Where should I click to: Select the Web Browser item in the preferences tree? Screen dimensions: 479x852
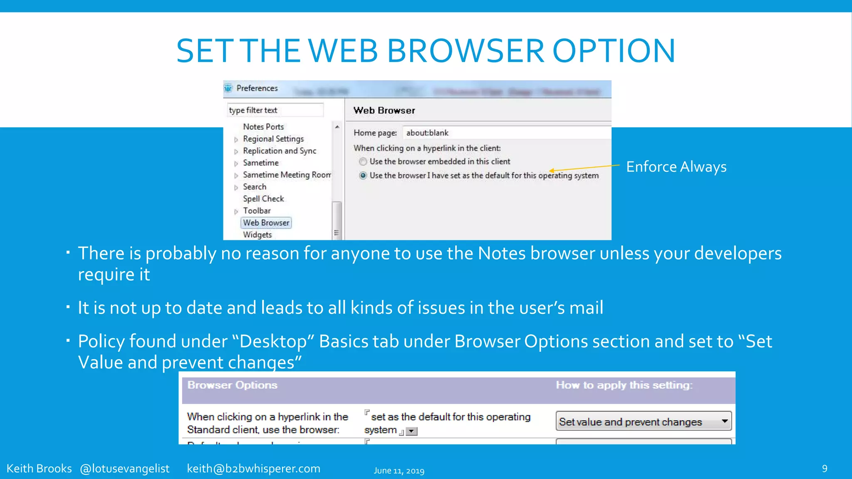(x=266, y=223)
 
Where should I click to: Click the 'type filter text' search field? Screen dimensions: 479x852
(x=275, y=110)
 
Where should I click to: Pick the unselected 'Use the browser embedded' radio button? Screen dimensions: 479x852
(x=363, y=161)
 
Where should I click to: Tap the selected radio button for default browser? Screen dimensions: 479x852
(x=363, y=175)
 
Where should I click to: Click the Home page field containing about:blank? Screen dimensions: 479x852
(x=506, y=133)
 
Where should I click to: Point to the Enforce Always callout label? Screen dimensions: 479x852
(x=676, y=167)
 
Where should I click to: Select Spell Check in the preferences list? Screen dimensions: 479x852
(x=263, y=199)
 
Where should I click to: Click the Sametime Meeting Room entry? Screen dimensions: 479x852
(x=287, y=175)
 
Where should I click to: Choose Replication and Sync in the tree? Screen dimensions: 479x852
(x=280, y=151)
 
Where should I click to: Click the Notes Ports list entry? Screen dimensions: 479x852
(x=263, y=126)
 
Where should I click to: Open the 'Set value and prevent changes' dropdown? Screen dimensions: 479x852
(x=724, y=421)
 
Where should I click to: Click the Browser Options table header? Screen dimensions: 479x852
(x=232, y=385)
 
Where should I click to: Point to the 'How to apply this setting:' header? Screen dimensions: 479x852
(x=624, y=385)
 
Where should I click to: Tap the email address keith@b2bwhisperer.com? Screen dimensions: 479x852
(x=253, y=469)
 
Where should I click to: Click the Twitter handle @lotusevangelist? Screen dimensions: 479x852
(x=124, y=469)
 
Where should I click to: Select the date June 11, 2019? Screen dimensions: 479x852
(x=399, y=471)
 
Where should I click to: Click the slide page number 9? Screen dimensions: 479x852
(x=825, y=469)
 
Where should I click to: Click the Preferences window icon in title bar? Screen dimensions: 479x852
(x=228, y=88)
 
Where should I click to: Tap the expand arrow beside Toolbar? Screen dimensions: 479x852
(x=236, y=211)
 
